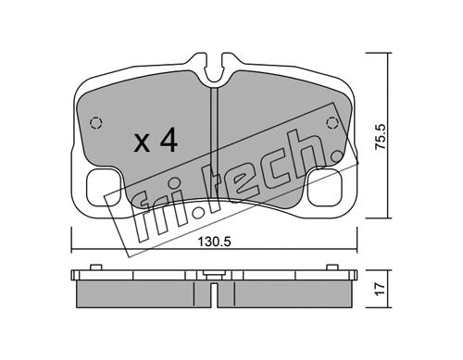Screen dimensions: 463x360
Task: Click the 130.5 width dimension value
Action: click(x=214, y=242)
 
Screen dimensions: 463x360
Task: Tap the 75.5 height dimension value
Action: click(x=381, y=137)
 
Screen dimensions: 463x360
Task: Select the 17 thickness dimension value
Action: click(x=381, y=289)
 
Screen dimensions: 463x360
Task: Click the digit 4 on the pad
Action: click(x=169, y=140)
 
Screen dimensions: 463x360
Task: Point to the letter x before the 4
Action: click(x=142, y=143)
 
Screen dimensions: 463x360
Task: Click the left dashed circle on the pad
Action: click(x=96, y=123)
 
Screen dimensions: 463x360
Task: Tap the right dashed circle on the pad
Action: click(x=332, y=123)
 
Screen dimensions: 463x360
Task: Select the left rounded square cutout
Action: click(x=104, y=188)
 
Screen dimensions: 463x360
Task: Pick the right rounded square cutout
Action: click(x=325, y=188)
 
